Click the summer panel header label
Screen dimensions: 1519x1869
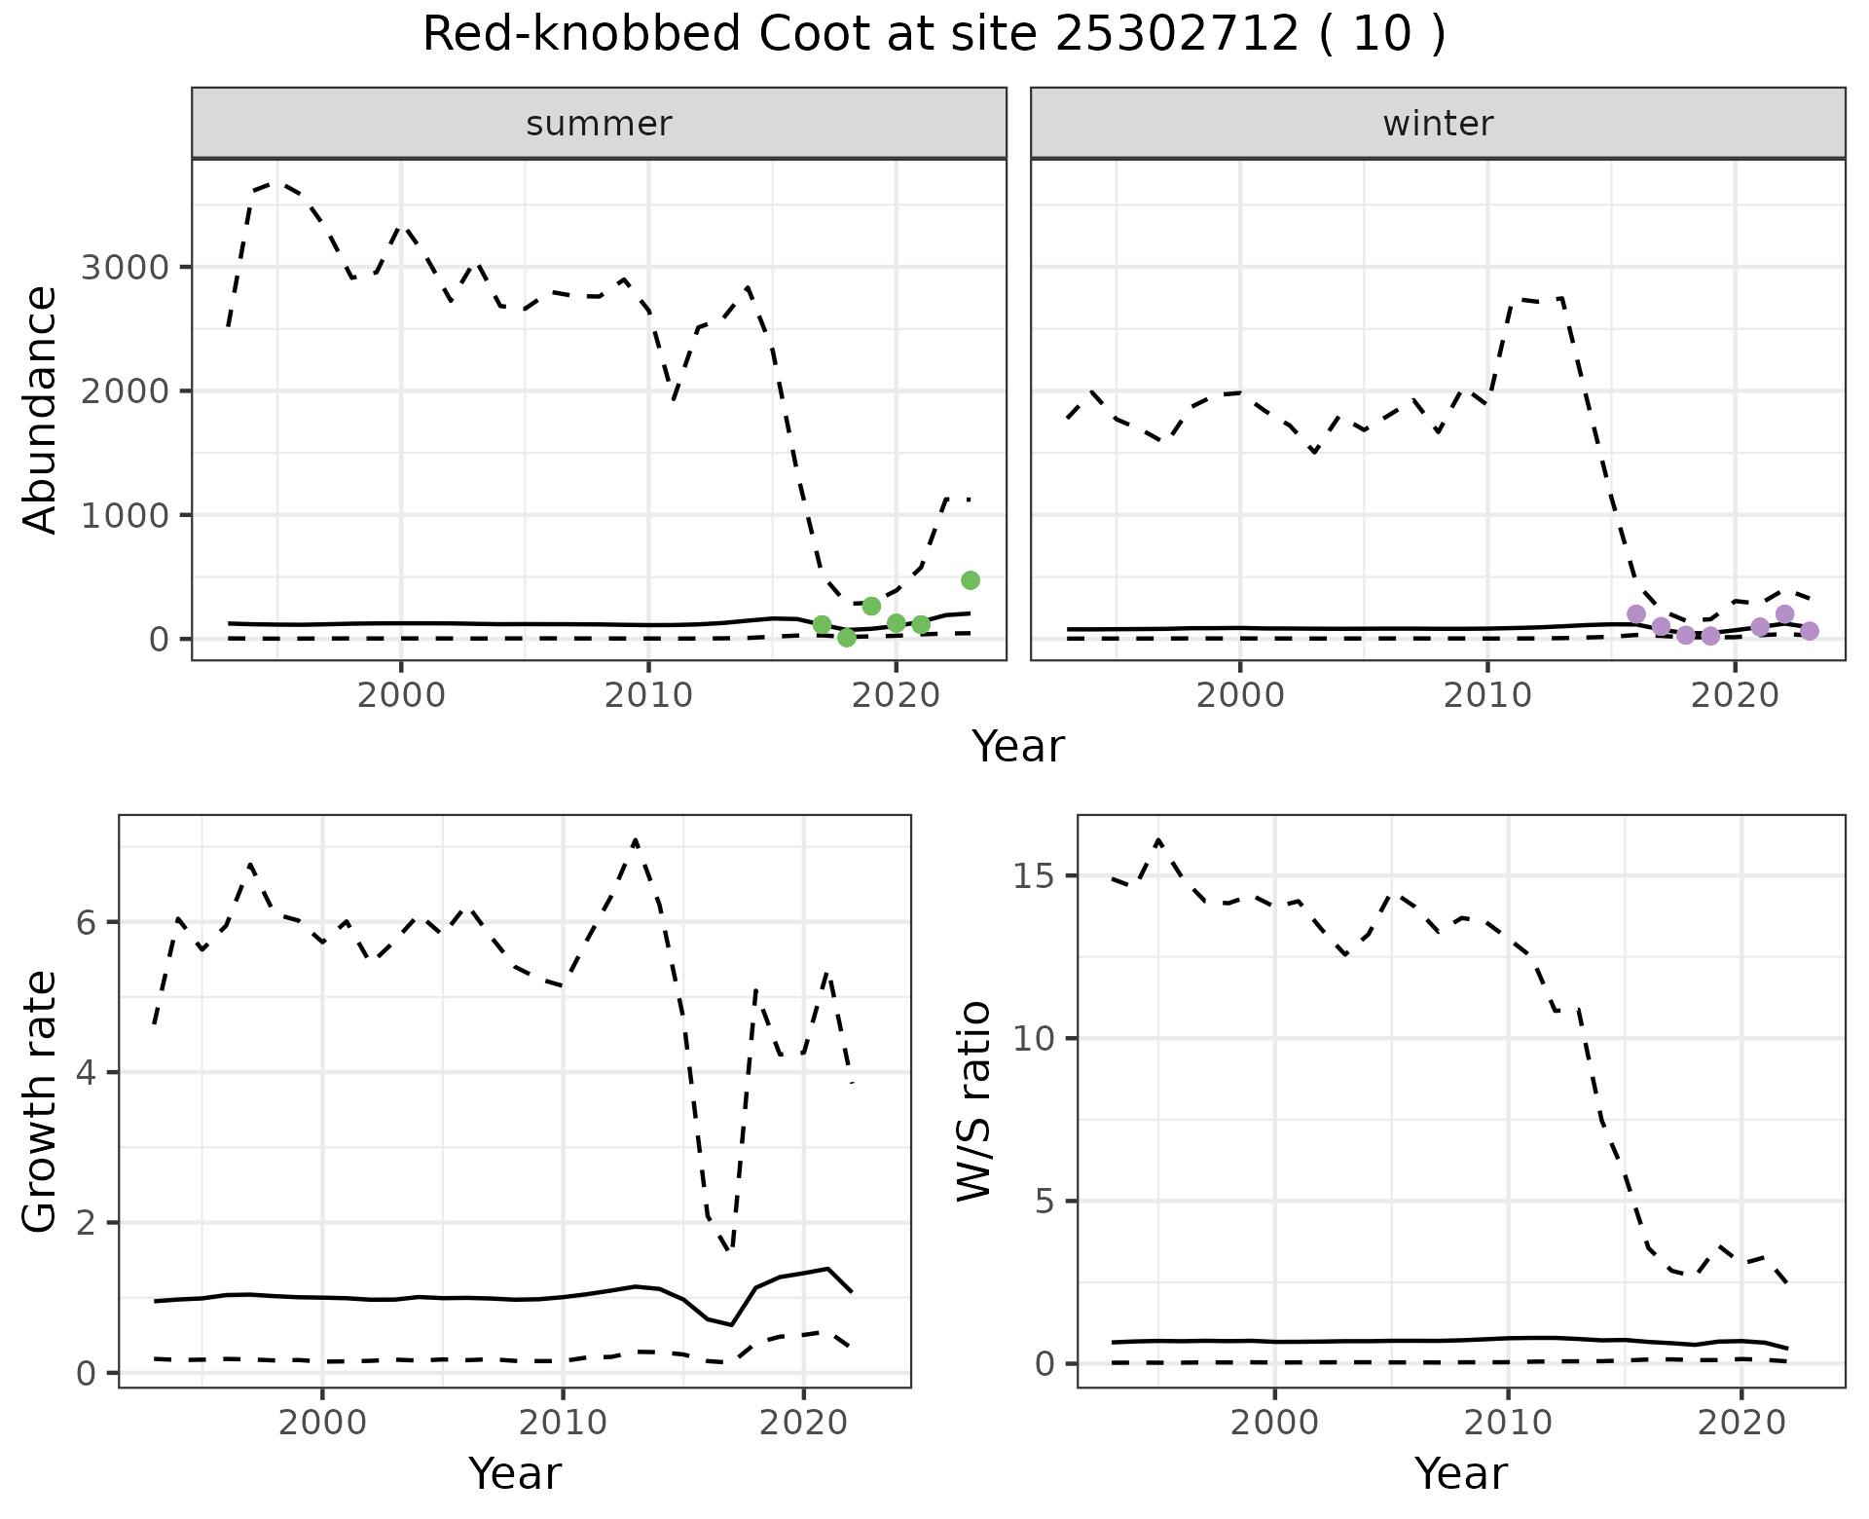click(x=599, y=124)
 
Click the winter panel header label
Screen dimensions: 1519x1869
click(x=1438, y=124)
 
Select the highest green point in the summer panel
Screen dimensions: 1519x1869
click(x=970, y=580)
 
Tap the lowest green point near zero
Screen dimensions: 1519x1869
click(x=847, y=638)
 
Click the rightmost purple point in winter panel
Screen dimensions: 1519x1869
click(x=1810, y=631)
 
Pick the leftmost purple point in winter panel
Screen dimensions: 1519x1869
click(x=1636, y=613)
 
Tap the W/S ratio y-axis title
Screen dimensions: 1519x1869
click(x=974, y=1101)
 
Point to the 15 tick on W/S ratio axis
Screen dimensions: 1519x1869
click(x=1034, y=876)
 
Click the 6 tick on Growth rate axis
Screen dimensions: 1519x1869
click(x=87, y=922)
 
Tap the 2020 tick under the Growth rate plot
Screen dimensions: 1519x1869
click(x=803, y=1423)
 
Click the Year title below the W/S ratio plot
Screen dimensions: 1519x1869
click(x=1460, y=1473)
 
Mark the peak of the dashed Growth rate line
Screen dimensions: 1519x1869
click(x=635, y=839)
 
